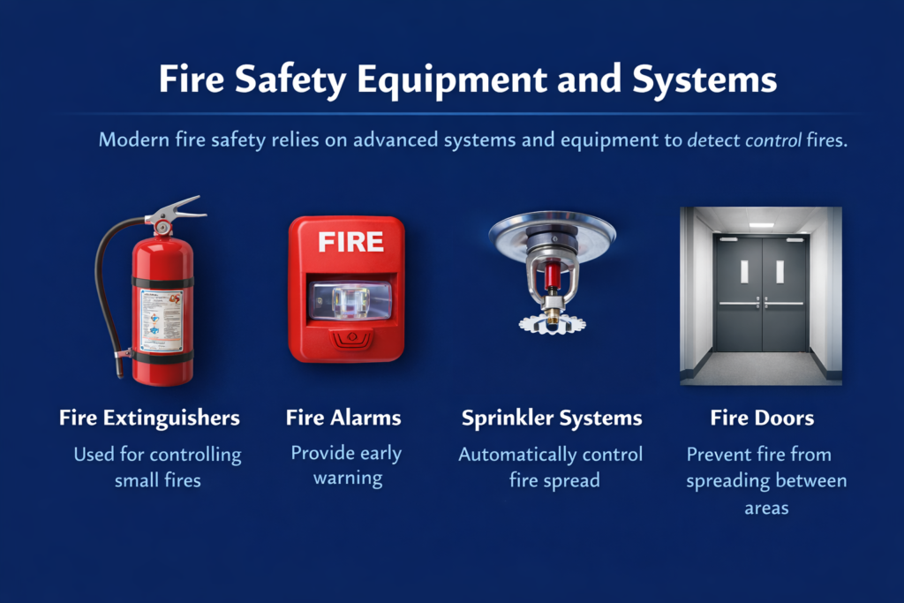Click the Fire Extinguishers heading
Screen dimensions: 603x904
pyautogui.click(x=149, y=418)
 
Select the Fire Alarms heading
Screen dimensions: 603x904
pyautogui.click(x=343, y=418)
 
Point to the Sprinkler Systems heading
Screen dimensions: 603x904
pyautogui.click(x=552, y=418)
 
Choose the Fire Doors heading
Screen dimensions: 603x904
pyautogui.click(x=762, y=418)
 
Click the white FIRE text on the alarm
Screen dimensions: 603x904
pyautogui.click(x=350, y=242)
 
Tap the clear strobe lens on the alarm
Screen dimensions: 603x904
pyautogui.click(x=350, y=300)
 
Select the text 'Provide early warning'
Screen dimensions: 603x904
pyautogui.click(x=346, y=465)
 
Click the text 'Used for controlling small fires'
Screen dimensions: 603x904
pyautogui.click(x=157, y=468)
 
